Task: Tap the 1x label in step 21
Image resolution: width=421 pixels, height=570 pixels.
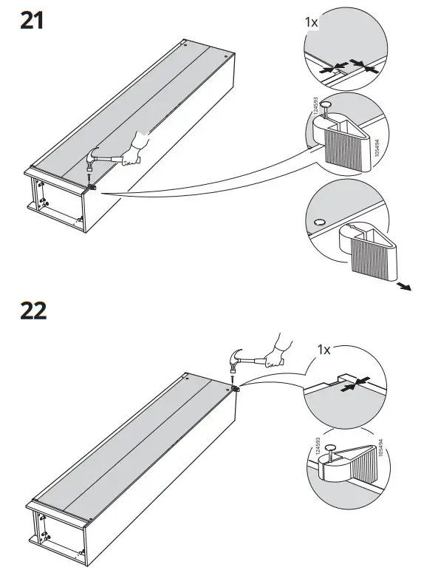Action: pos(312,22)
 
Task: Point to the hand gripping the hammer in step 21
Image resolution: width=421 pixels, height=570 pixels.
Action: pos(134,151)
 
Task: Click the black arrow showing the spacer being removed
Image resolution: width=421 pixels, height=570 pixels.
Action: pos(404,287)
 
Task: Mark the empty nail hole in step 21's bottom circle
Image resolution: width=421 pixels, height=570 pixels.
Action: pos(319,223)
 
